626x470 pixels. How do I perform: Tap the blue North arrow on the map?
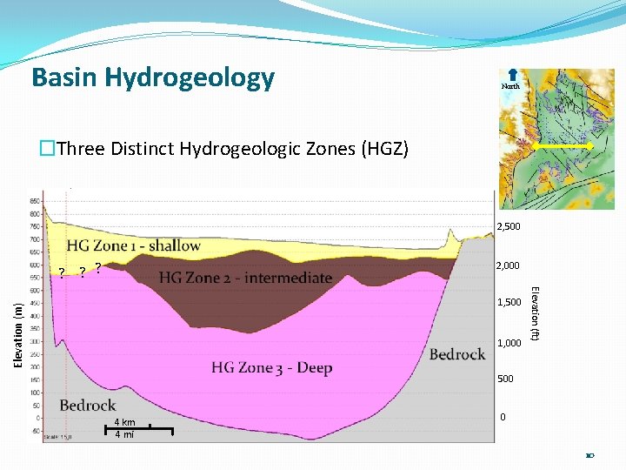(511, 76)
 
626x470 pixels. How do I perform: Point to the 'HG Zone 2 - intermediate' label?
(245, 278)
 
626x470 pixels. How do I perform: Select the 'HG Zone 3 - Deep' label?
(272, 367)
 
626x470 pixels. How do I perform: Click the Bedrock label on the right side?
(457, 354)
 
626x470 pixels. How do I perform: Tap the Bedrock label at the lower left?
(88, 405)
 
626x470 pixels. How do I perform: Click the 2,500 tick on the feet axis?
(509, 227)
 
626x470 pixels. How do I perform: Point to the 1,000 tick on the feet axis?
(509, 343)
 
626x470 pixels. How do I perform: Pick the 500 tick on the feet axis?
(505, 379)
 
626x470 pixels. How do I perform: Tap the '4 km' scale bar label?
(124, 423)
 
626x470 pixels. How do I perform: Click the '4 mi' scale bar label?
(124, 434)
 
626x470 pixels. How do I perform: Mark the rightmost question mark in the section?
(99, 267)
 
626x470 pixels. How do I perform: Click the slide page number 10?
(590, 455)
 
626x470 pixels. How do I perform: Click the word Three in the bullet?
(82, 148)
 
